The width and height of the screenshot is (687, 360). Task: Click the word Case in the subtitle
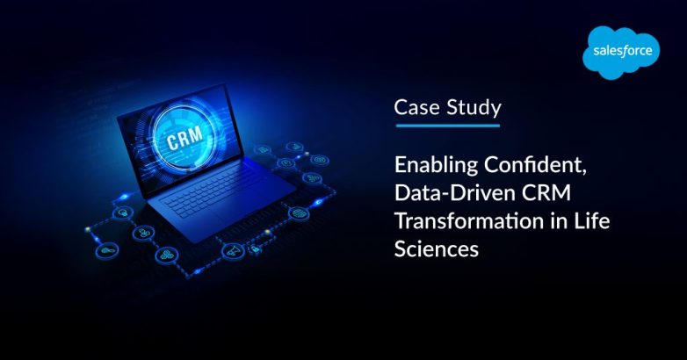416,108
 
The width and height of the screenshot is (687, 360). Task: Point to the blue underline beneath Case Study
447,125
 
